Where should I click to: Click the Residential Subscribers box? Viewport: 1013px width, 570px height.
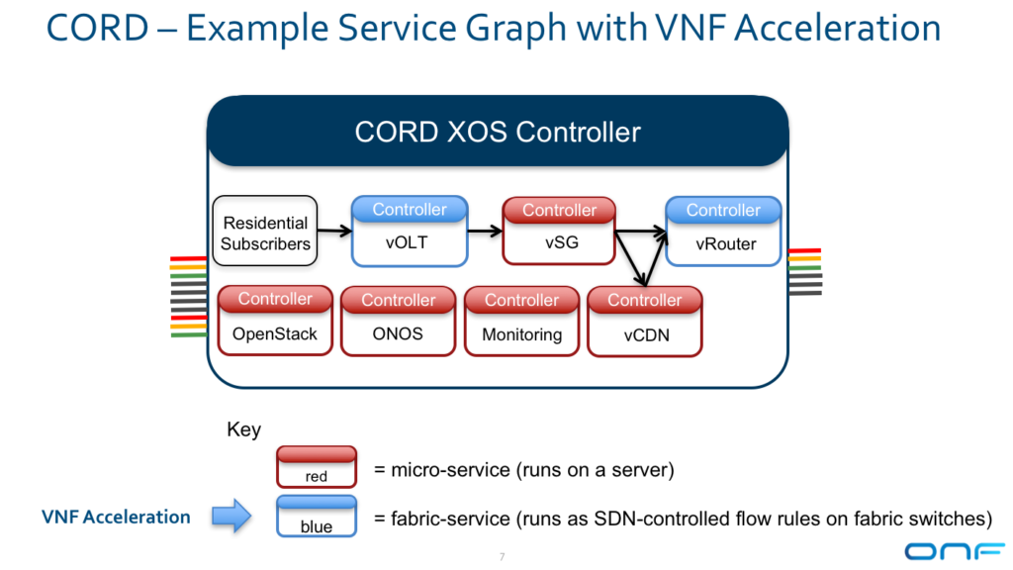(x=265, y=232)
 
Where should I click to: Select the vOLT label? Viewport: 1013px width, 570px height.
(x=407, y=242)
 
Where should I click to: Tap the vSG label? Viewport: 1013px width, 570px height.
(x=562, y=242)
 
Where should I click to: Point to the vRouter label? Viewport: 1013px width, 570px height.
(x=725, y=243)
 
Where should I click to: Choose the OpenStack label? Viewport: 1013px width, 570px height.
(x=275, y=334)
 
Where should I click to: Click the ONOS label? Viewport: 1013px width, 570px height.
(x=398, y=333)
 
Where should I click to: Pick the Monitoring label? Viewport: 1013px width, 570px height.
(x=522, y=334)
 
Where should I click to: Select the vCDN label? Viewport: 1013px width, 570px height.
(x=646, y=334)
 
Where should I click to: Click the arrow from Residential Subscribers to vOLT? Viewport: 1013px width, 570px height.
(x=334, y=231)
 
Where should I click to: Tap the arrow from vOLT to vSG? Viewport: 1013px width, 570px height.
(x=485, y=231)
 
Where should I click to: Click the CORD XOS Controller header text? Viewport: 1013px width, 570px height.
(x=498, y=132)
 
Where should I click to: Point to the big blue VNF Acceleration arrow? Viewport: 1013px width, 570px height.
(x=231, y=516)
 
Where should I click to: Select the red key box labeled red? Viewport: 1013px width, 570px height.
(x=317, y=467)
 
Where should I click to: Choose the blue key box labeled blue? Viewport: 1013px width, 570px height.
(x=317, y=517)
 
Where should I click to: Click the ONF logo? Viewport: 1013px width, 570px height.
(x=955, y=551)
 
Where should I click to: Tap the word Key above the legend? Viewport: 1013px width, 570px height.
(x=243, y=429)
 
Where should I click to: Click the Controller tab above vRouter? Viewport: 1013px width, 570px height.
(x=723, y=210)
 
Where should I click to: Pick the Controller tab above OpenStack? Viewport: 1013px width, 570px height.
(x=275, y=299)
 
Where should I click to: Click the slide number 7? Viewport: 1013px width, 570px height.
(x=502, y=556)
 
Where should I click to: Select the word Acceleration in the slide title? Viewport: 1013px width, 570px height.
(x=837, y=28)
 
